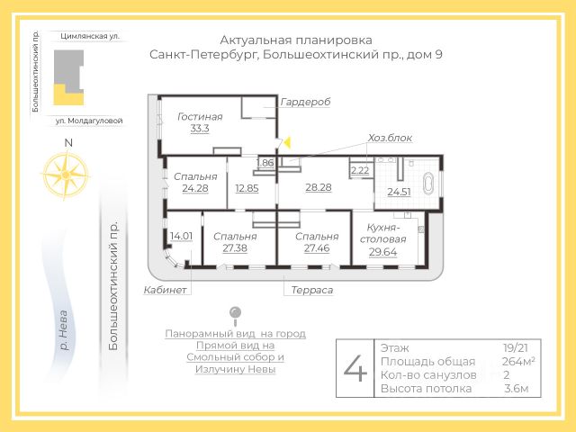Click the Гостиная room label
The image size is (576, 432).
[x=200, y=116]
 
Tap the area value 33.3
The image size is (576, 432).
[x=200, y=129]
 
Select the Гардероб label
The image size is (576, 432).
[x=305, y=102]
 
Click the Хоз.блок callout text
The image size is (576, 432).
[x=390, y=138]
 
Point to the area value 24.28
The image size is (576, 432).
[x=194, y=188]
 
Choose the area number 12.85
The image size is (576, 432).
[x=247, y=188]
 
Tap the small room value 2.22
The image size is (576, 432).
[x=360, y=170]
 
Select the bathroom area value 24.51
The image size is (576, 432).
[x=399, y=192]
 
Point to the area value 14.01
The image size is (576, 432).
[x=181, y=236]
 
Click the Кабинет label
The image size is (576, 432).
[x=165, y=290]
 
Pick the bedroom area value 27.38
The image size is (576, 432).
[x=235, y=247]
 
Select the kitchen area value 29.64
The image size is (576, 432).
[x=388, y=253]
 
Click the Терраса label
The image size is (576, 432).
[x=311, y=290]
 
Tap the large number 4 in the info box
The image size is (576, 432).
[x=356, y=367]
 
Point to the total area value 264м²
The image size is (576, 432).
[x=518, y=361]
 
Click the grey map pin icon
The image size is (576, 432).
[x=236, y=313]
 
